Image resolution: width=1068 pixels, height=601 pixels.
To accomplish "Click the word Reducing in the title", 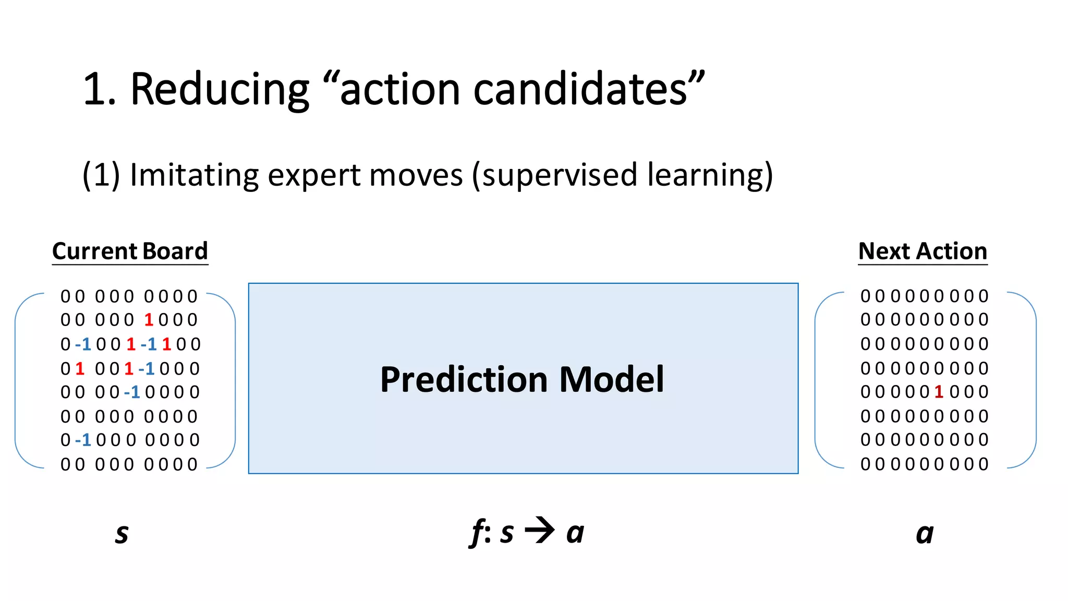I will [x=220, y=90].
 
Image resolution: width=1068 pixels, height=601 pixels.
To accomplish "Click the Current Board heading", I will [x=130, y=251].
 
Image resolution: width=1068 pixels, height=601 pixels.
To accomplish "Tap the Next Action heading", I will [x=923, y=251].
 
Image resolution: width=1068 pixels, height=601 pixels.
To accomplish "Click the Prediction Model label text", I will [x=522, y=379].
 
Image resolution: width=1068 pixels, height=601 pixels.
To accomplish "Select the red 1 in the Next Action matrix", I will [x=939, y=392].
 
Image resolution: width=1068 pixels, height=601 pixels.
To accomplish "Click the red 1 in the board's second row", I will [x=149, y=320].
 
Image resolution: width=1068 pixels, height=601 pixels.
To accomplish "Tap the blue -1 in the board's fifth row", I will [x=132, y=392].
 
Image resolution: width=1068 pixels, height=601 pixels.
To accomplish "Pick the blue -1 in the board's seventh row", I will [x=83, y=440].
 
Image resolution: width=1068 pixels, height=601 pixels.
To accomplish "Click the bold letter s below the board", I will [x=122, y=534].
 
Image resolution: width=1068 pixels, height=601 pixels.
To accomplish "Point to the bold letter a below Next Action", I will [x=925, y=534].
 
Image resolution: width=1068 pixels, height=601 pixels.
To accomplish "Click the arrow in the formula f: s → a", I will [x=540, y=531].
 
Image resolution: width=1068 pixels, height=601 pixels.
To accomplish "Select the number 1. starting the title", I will [x=99, y=90].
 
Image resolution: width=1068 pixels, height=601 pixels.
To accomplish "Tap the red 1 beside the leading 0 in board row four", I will [x=80, y=369].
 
